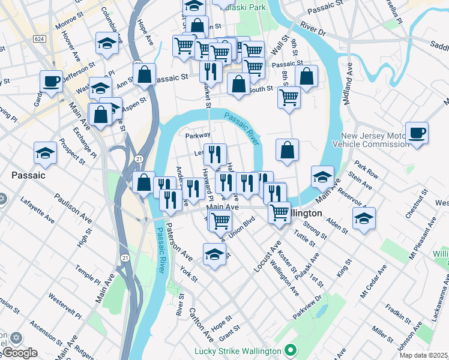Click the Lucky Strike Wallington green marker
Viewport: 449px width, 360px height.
click(291, 350)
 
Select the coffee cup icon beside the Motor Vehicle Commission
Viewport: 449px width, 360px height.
click(417, 133)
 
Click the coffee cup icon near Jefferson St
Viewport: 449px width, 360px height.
click(52, 80)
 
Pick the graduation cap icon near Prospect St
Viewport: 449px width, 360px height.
click(45, 153)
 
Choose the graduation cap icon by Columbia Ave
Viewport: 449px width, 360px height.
click(107, 43)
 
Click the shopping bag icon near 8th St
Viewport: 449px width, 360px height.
click(306, 76)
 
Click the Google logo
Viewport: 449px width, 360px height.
click(19, 353)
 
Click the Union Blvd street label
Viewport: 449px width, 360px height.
click(241, 229)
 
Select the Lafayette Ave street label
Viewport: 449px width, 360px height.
click(37, 211)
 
